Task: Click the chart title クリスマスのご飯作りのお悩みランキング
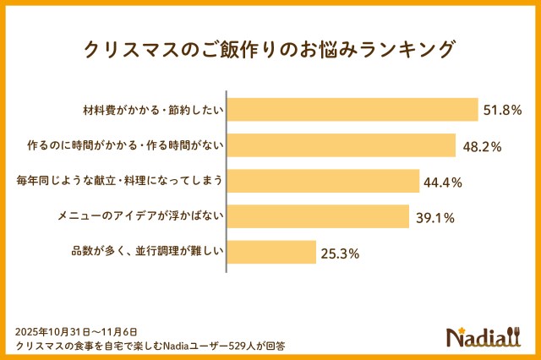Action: click(x=270, y=49)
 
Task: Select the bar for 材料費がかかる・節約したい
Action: click(x=352, y=110)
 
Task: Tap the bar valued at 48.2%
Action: click(x=342, y=145)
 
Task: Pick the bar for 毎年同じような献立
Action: click(x=324, y=181)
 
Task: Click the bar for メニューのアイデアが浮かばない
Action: click(x=319, y=216)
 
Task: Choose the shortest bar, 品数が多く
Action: click(x=271, y=252)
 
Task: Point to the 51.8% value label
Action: click(x=502, y=110)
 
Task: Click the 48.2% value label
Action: click(x=482, y=146)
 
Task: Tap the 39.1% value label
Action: click(x=434, y=217)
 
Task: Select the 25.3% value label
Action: click(x=340, y=253)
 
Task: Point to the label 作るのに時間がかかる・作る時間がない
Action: click(x=125, y=145)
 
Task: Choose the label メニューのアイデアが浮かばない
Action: click(x=139, y=216)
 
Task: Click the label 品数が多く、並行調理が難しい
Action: click(x=148, y=252)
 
